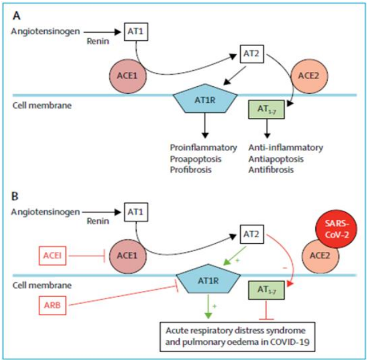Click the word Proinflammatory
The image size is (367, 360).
point(203,147)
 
